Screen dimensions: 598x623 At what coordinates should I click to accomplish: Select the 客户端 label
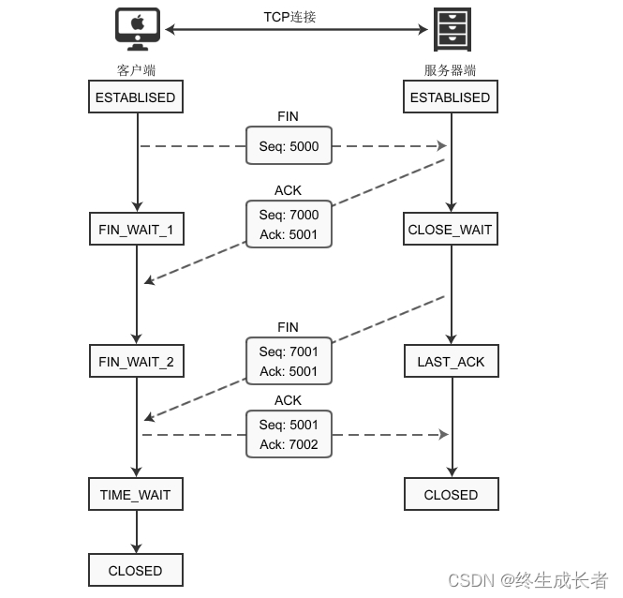click(136, 70)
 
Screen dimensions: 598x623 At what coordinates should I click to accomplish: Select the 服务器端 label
click(451, 70)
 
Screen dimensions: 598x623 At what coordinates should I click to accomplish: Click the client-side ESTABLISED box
click(136, 97)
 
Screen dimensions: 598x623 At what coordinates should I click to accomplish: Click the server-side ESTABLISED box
click(451, 97)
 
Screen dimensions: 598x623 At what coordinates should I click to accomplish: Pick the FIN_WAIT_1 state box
click(136, 230)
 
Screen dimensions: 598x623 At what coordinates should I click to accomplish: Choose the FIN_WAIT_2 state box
click(136, 362)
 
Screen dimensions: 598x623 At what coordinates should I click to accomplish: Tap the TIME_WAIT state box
click(136, 494)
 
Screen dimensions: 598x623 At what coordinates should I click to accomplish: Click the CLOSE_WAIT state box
click(451, 230)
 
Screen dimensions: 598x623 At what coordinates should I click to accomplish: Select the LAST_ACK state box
click(451, 362)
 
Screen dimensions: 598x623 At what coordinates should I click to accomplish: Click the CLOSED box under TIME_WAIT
click(136, 570)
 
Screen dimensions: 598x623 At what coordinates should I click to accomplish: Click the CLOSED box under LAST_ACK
click(451, 494)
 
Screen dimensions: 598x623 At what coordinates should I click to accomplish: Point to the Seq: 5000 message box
click(289, 146)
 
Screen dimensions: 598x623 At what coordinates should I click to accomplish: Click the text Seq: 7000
click(289, 215)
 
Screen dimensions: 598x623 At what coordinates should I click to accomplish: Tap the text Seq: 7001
click(289, 351)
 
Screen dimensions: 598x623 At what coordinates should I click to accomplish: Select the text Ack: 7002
click(289, 444)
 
